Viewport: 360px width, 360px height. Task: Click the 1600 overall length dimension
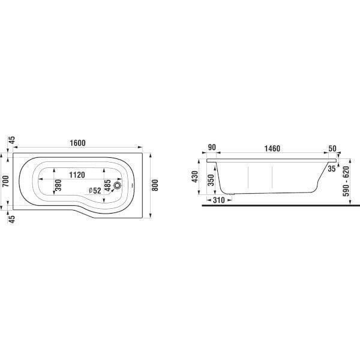tap(77, 143)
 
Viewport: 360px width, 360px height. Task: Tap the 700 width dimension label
tap(5, 181)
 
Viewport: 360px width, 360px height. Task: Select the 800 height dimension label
tap(155, 185)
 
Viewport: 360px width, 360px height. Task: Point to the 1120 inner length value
tap(77, 175)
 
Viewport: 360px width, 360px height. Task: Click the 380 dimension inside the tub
tap(59, 185)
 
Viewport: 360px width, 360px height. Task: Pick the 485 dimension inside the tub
tap(107, 185)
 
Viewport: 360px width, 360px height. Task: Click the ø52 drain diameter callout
tap(95, 190)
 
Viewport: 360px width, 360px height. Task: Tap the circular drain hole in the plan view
tap(118, 185)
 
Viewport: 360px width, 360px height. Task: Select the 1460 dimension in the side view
tap(272, 148)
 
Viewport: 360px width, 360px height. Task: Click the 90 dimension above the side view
tap(211, 147)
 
